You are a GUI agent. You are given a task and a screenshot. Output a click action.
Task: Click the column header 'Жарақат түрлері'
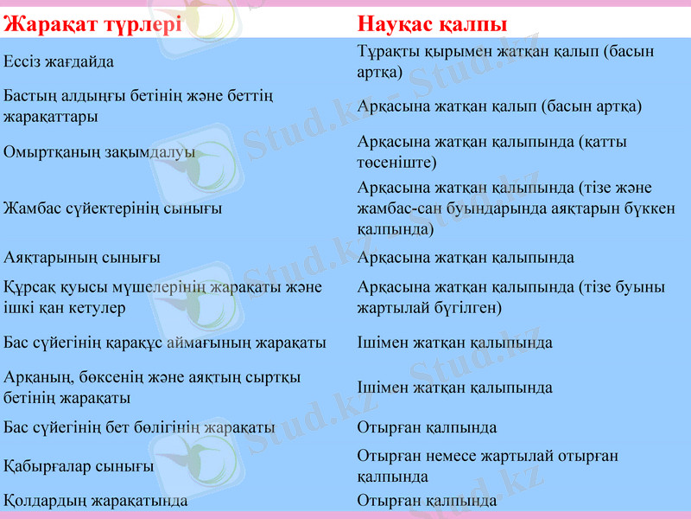click(92, 23)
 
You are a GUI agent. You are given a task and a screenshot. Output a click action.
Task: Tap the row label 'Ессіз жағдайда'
click(59, 61)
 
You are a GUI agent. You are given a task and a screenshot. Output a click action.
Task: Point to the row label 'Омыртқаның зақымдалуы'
click(99, 152)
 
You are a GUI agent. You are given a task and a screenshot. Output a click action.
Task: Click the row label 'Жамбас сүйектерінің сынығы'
click(112, 208)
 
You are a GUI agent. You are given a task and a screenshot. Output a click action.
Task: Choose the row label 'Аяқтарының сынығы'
click(82, 258)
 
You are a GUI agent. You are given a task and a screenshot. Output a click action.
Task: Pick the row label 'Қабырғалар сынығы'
click(79, 466)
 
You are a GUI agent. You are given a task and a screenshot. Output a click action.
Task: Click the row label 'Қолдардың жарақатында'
click(96, 500)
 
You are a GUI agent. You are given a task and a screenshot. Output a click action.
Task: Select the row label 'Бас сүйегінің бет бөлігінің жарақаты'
click(140, 427)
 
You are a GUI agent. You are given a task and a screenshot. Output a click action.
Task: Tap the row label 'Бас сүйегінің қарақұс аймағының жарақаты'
click(165, 343)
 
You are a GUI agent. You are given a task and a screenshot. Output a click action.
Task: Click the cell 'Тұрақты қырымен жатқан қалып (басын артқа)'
click(505, 61)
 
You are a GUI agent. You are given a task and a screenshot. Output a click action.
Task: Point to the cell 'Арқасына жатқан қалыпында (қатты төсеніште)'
click(491, 151)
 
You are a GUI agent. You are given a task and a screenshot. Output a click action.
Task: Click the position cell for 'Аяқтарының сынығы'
click(466, 258)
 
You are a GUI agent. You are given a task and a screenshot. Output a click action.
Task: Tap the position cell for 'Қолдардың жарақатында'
click(427, 500)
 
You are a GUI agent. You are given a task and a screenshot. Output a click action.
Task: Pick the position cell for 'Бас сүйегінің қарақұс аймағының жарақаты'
click(455, 343)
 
